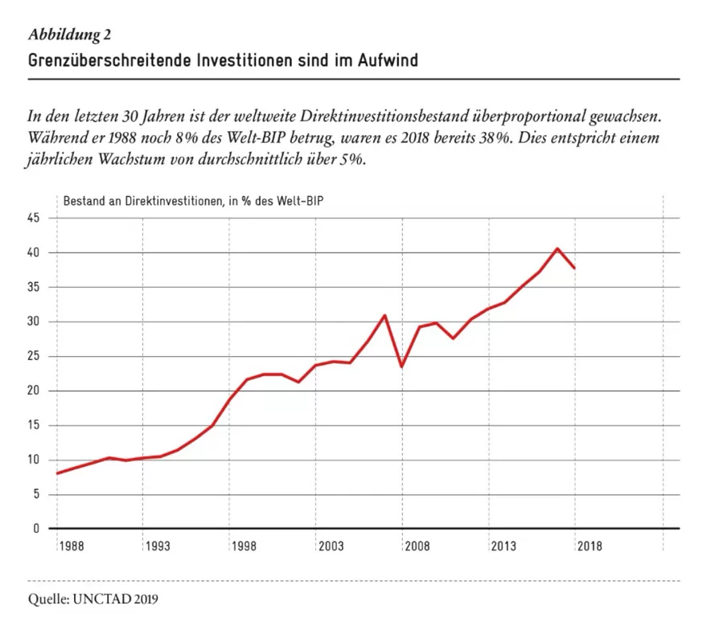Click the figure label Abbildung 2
pyautogui.click(x=69, y=35)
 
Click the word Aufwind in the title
pyautogui.click(x=388, y=60)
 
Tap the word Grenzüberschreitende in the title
pyautogui.click(x=110, y=60)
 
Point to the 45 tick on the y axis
pyautogui.click(x=34, y=218)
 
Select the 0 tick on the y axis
pyautogui.click(x=36, y=529)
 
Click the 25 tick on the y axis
pyautogui.click(x=34, y=357)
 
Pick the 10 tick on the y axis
pyautogui.click(x=34, y=460)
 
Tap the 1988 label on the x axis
pyautogui.click(x=72, y=546)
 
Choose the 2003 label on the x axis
pyautogui.click(x=331, y=546)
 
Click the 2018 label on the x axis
pyautogui.click(x=590, y=546)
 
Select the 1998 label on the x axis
pyautogui.click(x=244, y=546)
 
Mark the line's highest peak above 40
pyautogui.click(x=557, y=248)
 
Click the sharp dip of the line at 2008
pyautogui.click(x=401, y=366)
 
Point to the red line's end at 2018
pyautogui.click(x=574, y=268)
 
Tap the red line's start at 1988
pyautogui.click(x=57, y=473)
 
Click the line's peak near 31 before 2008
pyautogui.click(x=384, y=315)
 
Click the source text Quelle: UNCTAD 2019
pyautogui.click(x=92, y=599)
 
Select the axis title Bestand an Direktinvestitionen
pyautogui.click(x=143, y=201)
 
